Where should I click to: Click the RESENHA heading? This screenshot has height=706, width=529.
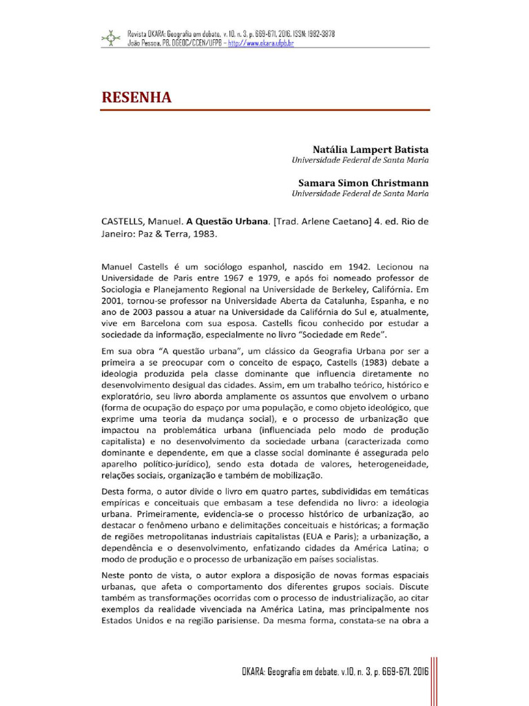coord(137,97)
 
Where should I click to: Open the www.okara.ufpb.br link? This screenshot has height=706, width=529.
coord(260,43)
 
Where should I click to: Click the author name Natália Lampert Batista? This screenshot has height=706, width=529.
coord(371,149)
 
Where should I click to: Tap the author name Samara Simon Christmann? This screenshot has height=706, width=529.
coord(363,183)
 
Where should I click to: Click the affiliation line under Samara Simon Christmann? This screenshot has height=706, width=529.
coord(360,194)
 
